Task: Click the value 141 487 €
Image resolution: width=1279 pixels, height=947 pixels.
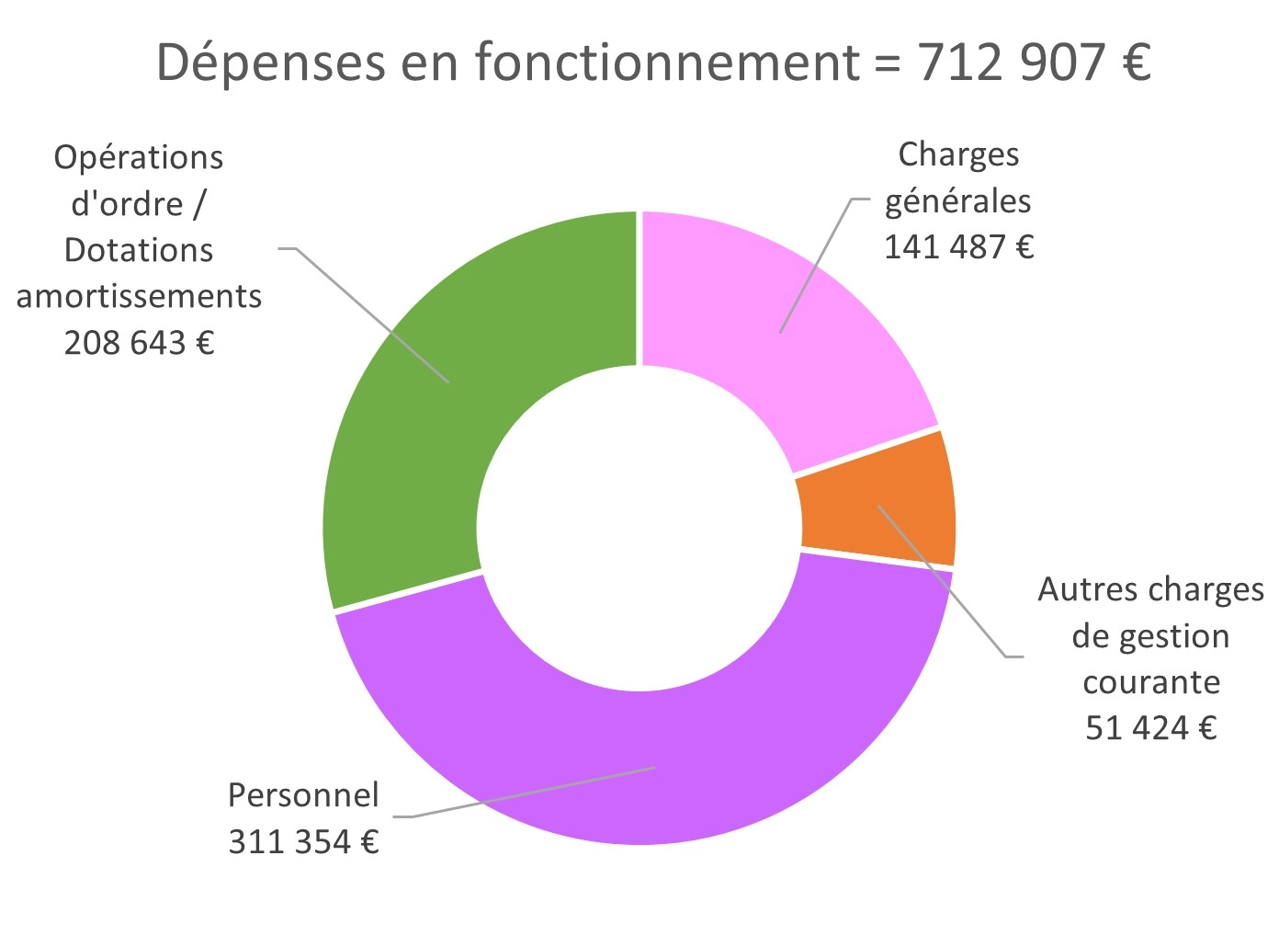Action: point(958,247)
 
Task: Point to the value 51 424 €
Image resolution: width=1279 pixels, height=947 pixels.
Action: point(1150,728)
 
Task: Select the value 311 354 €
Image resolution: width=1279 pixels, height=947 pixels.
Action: point(303,841)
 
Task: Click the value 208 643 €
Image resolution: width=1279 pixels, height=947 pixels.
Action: point(139,343)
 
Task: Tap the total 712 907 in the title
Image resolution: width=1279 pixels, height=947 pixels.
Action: point(1011,63)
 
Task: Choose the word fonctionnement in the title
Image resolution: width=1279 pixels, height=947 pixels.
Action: point(667,63)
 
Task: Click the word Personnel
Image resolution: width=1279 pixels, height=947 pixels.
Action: point(303,795)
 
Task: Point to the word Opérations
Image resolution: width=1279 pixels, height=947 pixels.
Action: point(139,158)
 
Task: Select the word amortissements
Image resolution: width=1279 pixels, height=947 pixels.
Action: point(139,297)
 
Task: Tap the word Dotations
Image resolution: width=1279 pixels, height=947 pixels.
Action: point(139,250)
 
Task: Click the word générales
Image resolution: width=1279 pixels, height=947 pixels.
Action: point(958,201)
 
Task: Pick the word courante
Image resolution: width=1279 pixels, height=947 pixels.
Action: point(1150,682)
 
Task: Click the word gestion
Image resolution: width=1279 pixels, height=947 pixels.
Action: point(1176,636)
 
